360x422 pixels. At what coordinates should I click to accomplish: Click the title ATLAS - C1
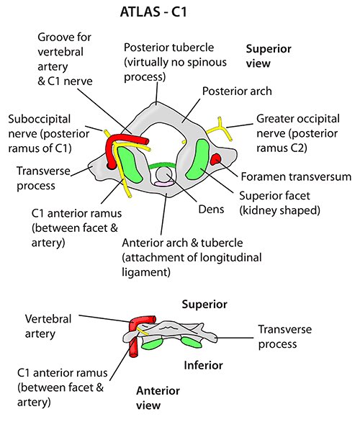tap(153, 12)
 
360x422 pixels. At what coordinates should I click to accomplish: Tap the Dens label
tap(211, 210)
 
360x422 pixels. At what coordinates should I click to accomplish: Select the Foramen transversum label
tap(296, 177)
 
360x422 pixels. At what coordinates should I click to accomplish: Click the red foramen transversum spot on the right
tap(215, 159)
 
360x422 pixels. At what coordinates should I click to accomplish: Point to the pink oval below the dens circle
tap(164, 184)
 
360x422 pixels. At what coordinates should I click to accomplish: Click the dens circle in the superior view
tap(164, 174)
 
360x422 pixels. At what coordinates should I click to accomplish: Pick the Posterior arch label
tap(237, 91)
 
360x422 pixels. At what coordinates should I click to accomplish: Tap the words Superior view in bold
tap(269, 56)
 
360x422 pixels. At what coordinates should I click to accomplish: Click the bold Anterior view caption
tap(158, 398)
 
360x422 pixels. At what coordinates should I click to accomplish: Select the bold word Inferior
tap(204, 366)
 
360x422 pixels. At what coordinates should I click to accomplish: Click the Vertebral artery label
tap(48, 326)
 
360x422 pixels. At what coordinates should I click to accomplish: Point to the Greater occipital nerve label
tap(298, 133)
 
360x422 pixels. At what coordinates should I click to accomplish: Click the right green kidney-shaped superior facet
tap(198, 159)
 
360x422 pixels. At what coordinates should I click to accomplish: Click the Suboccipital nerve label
tap(49, 134)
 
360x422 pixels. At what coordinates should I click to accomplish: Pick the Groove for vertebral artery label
tap(65, 59)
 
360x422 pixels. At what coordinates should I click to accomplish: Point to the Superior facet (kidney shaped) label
tap(280, 203)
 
